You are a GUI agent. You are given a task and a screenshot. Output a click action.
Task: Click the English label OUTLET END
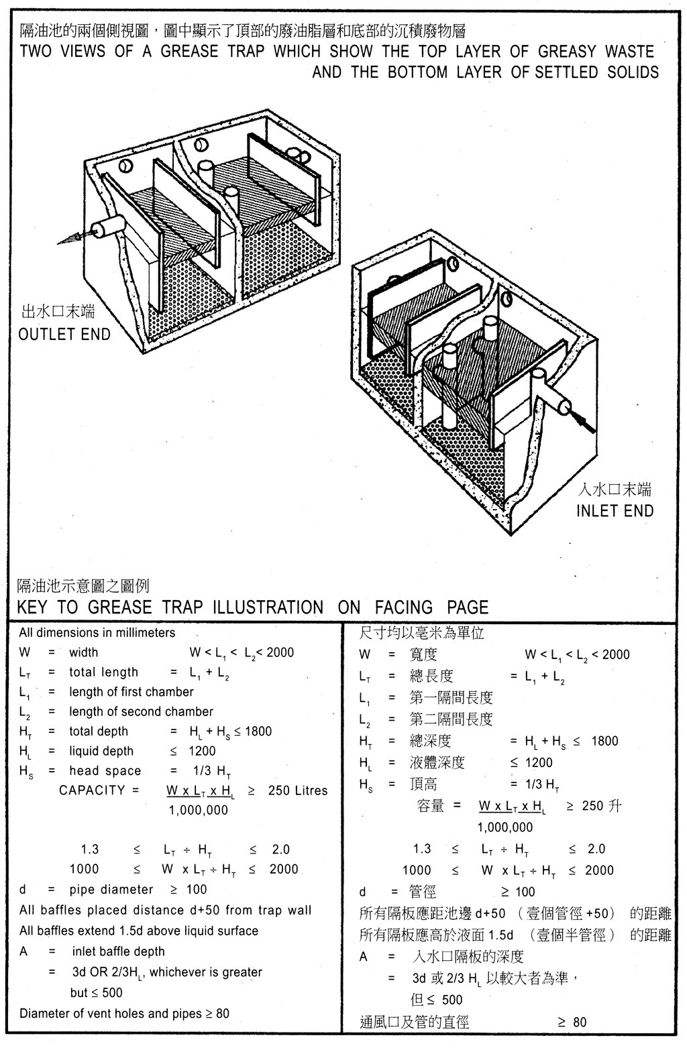(x=64, y=334)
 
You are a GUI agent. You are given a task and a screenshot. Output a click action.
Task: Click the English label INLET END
(x=615, y=511)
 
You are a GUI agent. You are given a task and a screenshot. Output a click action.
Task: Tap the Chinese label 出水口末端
(x=58, y=312)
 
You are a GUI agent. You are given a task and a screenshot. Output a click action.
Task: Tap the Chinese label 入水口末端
(x=615, y=489)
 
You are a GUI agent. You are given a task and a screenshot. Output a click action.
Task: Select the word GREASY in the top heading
(x=567, y=52)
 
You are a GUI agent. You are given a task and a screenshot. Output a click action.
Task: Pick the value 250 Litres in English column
(x=297, y=791)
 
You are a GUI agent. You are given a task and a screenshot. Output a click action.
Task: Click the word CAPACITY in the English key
(x=92, y=791)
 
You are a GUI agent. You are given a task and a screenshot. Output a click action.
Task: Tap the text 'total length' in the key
(x=103, y=673)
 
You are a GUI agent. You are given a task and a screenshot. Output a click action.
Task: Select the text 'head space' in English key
(x=105, y=771)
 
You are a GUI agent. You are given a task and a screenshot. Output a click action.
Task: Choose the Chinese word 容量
(x=430, y=805)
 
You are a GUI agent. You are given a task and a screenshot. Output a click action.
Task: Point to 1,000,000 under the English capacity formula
(x=198, y=810)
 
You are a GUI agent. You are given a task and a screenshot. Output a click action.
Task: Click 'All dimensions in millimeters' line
(x=97, y=633)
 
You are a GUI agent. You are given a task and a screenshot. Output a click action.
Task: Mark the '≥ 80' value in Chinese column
(x=572, y=1022)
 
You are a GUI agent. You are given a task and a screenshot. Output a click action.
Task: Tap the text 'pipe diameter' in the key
(x=111, y=890)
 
